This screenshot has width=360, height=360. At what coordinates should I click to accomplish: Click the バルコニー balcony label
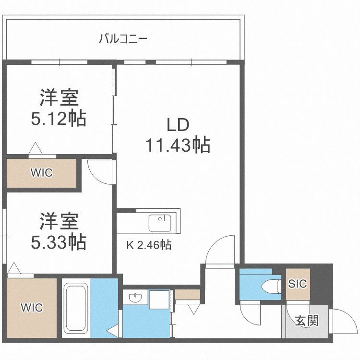click(123, 39)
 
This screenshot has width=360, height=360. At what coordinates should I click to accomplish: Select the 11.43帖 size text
click(178, 144)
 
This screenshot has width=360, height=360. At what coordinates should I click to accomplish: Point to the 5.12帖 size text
click(59, 118)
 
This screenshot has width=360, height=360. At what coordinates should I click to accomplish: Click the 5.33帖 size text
click(59, 241)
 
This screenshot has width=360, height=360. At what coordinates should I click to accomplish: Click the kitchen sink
click(159, 223)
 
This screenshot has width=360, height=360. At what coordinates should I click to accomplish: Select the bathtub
click(75, 310)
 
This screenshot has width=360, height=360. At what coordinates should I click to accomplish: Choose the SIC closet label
click(298, 284)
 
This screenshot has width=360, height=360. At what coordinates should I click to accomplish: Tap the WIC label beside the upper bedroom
click(41, 172)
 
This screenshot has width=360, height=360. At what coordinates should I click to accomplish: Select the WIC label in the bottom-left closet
click(32, 308)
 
